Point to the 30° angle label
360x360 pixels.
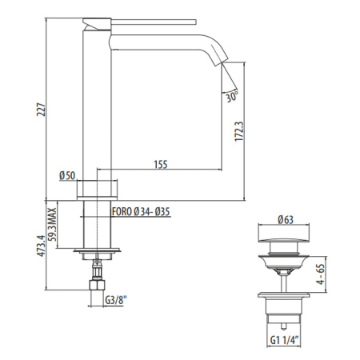click(232, 97)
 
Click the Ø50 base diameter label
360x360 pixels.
click(66, 175)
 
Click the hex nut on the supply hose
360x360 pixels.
click(98, 285)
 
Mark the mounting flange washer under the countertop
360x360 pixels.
click(98, 254)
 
